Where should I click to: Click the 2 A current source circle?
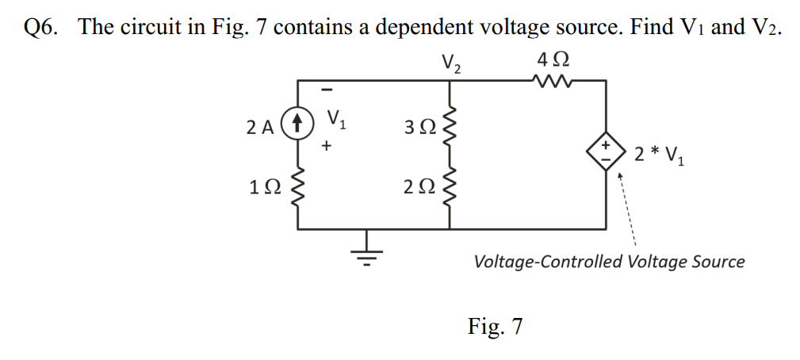(298, 124)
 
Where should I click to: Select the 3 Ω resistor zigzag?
(450, 125)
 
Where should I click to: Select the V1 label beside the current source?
(338, 121)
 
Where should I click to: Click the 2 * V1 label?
(660, 152)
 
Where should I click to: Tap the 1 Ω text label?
(263, 188)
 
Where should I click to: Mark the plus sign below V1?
(326, 147)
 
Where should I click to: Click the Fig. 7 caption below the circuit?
(496, 325)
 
